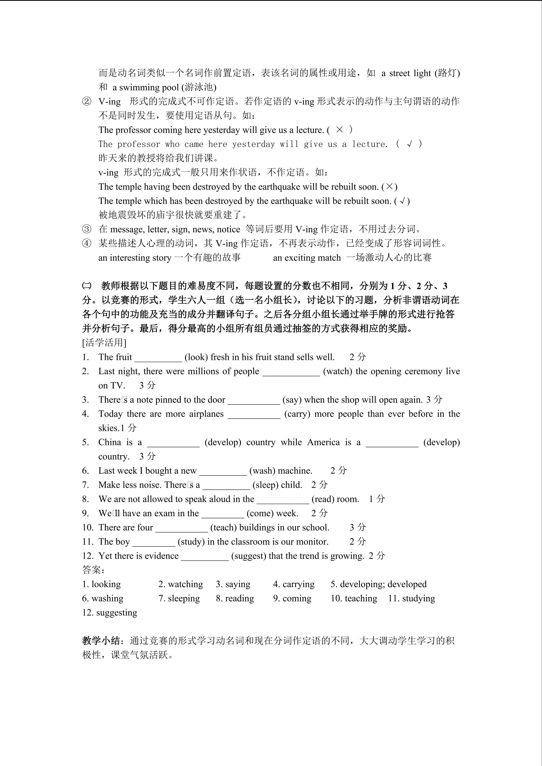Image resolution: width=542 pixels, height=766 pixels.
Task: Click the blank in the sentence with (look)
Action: coord(158,358)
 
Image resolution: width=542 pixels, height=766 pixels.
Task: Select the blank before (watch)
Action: coord(291,372)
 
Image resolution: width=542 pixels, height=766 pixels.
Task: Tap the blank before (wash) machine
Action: coord(223,471)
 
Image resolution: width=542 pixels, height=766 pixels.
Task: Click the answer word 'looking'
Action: coord(106,584)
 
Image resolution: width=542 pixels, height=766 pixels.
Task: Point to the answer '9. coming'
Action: coord(292,599)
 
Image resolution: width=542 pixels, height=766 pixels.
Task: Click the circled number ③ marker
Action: coord(87,229)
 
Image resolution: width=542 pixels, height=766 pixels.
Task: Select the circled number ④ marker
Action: coord(87,244)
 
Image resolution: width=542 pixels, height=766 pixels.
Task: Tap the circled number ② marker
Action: coord(87,101)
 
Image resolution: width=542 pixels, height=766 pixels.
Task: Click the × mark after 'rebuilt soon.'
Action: coord(389,187)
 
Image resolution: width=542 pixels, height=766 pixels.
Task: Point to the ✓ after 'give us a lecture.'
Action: coord(410,144)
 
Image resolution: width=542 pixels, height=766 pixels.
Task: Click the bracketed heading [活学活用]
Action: coord(104,343)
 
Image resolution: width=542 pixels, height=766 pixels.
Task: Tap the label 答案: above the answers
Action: coord(94,570)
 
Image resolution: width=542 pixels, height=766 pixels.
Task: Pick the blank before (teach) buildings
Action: coord(182,528)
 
